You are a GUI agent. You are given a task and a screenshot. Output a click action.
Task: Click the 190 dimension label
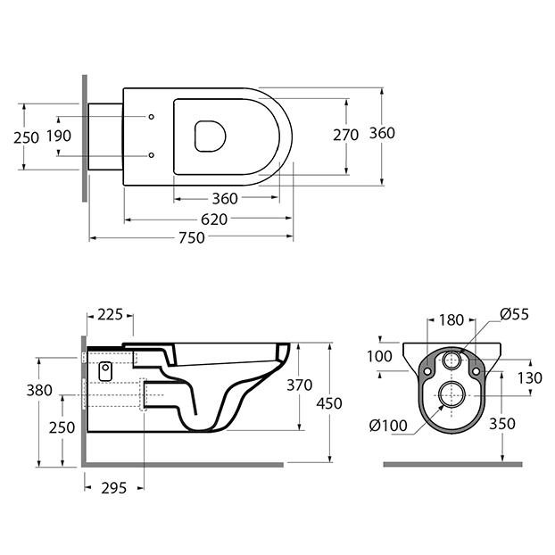59,136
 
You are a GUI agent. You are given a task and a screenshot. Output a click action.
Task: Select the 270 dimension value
346,136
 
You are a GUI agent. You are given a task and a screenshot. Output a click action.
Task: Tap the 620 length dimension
214,220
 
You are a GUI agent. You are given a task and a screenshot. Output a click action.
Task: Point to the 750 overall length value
192,238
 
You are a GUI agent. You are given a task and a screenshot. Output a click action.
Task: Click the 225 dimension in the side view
110,314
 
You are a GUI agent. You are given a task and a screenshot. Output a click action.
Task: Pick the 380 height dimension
39,391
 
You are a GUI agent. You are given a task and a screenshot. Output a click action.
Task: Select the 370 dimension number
300,385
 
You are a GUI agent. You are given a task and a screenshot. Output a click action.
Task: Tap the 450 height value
329,404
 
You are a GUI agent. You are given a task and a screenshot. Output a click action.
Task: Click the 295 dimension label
114,488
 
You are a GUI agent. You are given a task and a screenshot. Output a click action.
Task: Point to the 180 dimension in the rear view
451,320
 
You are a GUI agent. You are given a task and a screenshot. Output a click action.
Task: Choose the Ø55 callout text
514,314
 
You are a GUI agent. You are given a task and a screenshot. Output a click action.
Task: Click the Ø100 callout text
388,426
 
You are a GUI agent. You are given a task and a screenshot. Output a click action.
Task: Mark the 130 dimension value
530,378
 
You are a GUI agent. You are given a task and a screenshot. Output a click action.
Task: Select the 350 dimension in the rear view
502,424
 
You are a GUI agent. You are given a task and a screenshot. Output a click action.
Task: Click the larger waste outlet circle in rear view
451,395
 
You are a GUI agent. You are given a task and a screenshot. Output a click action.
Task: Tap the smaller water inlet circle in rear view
452,360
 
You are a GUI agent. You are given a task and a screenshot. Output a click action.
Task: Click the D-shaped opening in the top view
211,137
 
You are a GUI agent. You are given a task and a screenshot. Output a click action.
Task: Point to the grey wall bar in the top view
85,138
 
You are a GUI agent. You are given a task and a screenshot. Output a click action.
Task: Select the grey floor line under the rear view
452,464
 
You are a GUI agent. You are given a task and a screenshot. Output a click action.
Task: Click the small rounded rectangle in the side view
105,371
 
